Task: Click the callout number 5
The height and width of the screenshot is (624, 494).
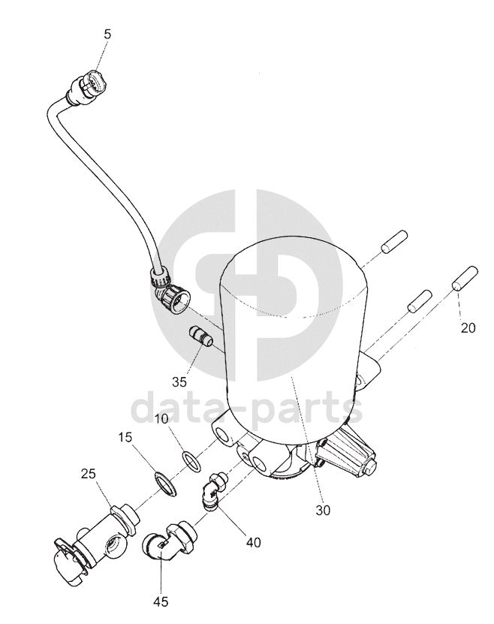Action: click(x=107, y=35)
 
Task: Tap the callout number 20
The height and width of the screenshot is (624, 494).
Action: click(x=468, y=328)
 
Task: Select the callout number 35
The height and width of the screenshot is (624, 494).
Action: click(x=179, y=381)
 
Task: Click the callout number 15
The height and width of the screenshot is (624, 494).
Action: click(x=125, y=437)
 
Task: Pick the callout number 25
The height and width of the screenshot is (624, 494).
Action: click(x=89, y=474)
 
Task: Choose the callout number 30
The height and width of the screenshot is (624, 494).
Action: click(x=323, y=510)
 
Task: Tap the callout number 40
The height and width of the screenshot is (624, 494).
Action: click(x=253, y=542)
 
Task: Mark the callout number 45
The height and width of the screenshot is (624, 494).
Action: click(x=161, y=601)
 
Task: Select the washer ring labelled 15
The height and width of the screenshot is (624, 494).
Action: click(x=166, y=483)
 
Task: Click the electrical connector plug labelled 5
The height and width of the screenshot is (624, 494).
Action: click(x=89, y=84)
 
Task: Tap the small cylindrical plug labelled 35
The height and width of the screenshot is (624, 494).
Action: click(x=200, y=336)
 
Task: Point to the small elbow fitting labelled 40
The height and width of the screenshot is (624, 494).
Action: click(x=215, y=490)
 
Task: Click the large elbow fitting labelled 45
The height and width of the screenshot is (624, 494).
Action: click(x=169, y=541)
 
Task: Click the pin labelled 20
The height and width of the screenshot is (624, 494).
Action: click(x=465, y=279)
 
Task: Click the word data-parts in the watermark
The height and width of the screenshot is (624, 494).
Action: click(x=247, y=408)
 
